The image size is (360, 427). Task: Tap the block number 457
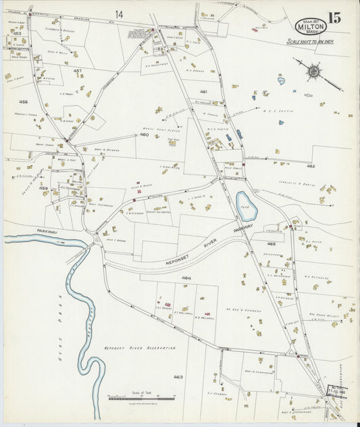[78, 71]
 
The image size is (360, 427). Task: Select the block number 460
[144, 134]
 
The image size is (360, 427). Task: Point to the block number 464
[186, 278]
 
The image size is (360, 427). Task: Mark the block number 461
[203, 91]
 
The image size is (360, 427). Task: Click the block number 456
[24, 102]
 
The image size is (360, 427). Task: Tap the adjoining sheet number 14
[119, 14]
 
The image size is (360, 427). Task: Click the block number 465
[272, 243]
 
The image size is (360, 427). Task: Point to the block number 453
[18, 33]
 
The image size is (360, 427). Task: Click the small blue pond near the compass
[281, 80]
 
